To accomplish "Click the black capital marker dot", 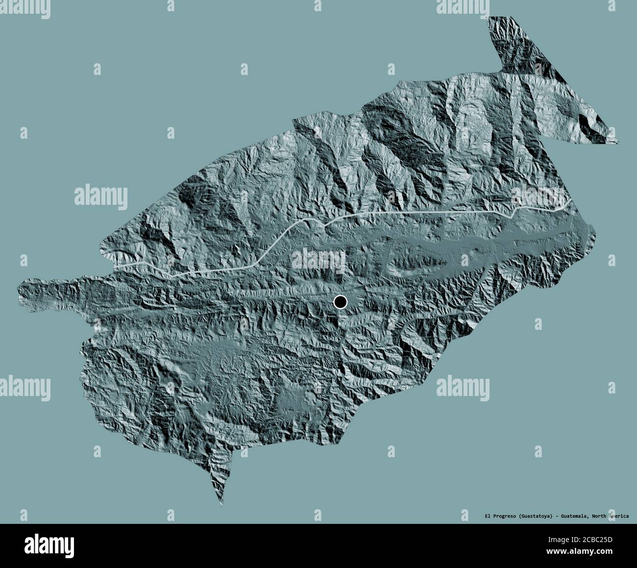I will [340, 302].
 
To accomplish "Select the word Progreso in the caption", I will [504, 516].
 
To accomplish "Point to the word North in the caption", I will [599, 516].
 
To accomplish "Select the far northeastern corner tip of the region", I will [617, 143].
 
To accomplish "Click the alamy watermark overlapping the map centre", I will [318, 258].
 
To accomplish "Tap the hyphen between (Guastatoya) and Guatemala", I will [556, 516].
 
